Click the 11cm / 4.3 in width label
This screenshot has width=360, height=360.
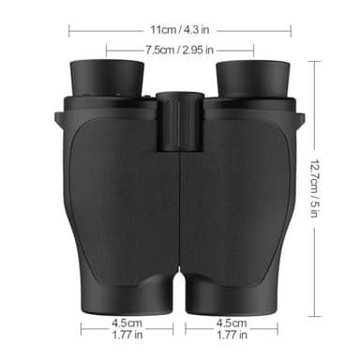tap(181, 29)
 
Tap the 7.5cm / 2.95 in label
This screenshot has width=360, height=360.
tap(180, 49)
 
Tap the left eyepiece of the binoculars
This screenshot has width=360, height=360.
tap(107, 77)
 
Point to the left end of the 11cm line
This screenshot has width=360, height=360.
tap(69, 29)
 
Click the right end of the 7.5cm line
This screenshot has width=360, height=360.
tap(253, 49)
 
